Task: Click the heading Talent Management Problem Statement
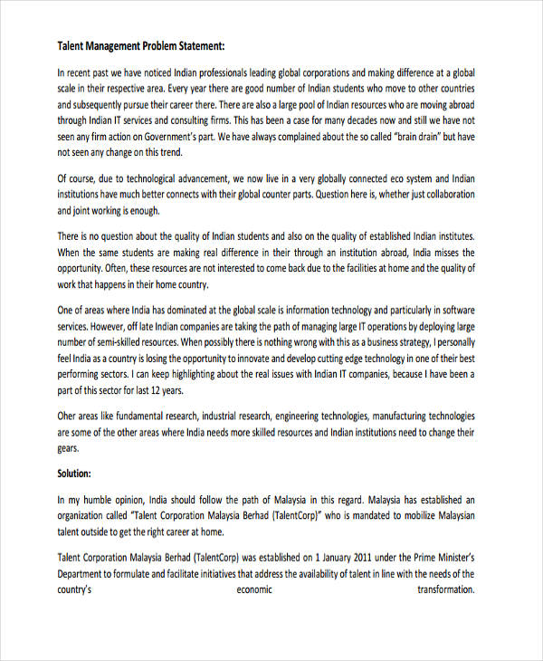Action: click(141, 45)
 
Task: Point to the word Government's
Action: click(195, 137)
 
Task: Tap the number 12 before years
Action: click(164, 391)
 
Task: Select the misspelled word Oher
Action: click(69, 416)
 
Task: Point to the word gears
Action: click(69, 448)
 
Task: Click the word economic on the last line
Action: click(254, 589)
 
